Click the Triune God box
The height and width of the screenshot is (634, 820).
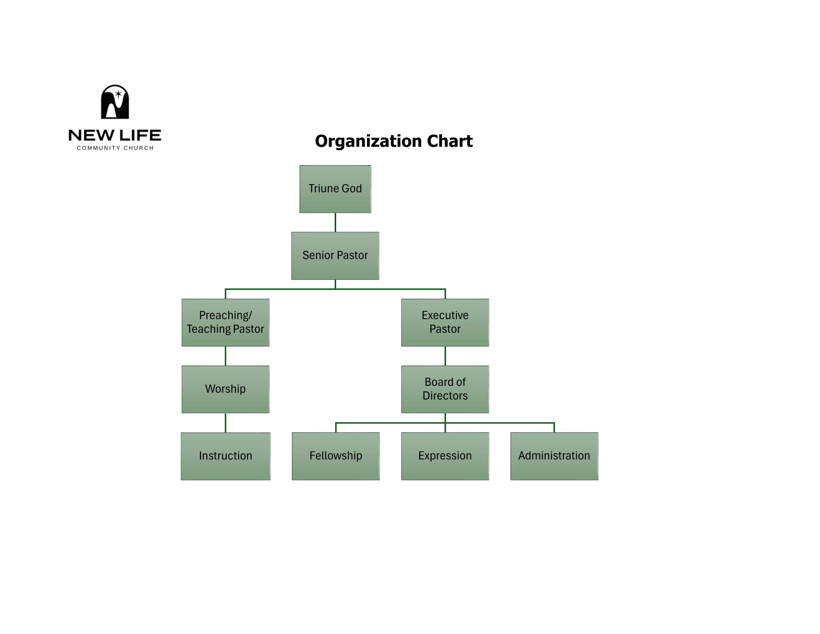[x=335, y=188]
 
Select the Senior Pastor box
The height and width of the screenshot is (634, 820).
[x=335, y=255]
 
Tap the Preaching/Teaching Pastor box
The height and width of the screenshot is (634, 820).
[x=225, y=322]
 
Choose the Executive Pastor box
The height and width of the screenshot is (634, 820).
[x=445, y=322]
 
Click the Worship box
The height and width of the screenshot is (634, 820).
[x=225, y=389]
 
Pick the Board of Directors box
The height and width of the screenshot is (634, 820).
[x=445, y=389]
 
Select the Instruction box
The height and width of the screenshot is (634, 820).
[x=225, y=455]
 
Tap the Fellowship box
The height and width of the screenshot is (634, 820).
[x=336, y=455]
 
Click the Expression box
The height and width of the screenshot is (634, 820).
[x=445, y=455]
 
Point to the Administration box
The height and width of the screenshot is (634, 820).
[x=554, y=455]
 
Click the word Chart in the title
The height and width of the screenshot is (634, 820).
[x=450, y=141]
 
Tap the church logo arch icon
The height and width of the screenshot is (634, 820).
[x=115, y=102]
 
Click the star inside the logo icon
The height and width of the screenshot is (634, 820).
[x=118, y=94]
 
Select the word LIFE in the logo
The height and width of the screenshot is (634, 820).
[x=140, y=135]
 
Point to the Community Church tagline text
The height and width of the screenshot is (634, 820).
[x=115, y=148]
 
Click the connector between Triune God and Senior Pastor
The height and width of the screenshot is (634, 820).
[x=335, y=222]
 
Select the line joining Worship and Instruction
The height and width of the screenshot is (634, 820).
[x=225, y=422]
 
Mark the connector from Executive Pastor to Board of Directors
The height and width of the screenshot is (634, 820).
[x=445, y=356]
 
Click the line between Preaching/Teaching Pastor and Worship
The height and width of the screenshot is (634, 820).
[x=225, y=356]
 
